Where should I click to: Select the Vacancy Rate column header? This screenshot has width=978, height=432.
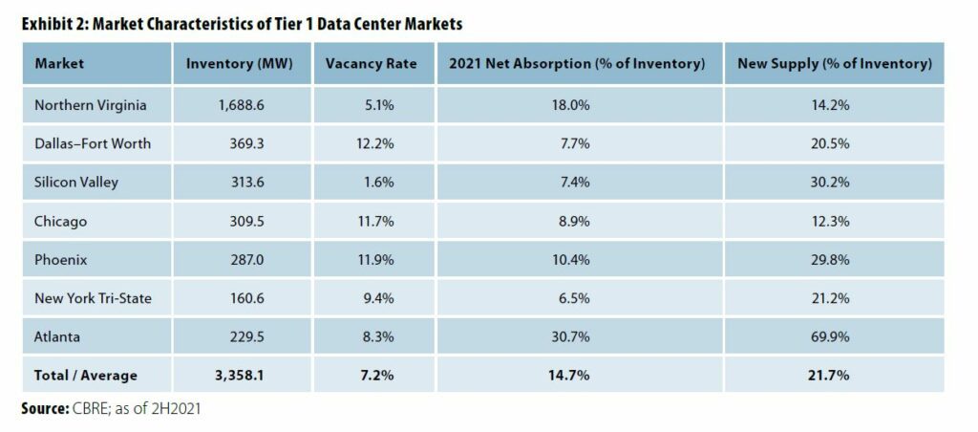point(368,64)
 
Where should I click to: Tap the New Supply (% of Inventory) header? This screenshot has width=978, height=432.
point(834,64)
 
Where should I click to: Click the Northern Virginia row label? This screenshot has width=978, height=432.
point(90,105)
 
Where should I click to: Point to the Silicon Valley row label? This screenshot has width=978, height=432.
point(76,183)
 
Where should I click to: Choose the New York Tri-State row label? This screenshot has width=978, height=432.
point(93,298)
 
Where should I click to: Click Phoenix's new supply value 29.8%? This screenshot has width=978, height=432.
point(834,260)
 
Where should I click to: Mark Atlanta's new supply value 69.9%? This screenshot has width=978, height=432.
point(834,336)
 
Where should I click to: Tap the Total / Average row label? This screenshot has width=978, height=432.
point(86,376)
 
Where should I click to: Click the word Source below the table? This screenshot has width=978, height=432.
point(44,409)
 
